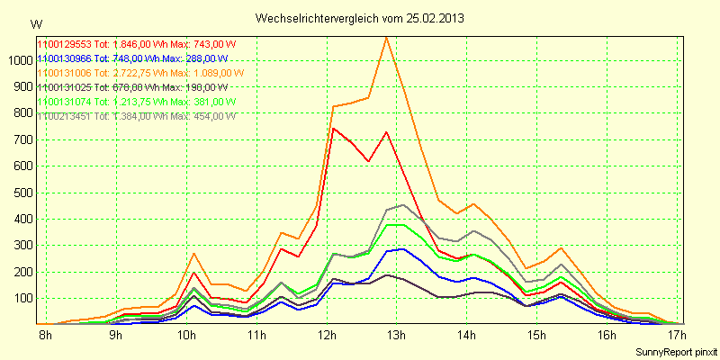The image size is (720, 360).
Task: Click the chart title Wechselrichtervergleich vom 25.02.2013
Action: click(360, 18)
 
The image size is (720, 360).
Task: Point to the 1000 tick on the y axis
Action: click(18, 60)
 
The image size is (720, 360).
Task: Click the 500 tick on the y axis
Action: click(21, 193)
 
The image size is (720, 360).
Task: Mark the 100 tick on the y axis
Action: click(21, 298)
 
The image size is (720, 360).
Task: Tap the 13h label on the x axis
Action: click(395, 337)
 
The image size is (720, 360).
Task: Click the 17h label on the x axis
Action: click(677, 337)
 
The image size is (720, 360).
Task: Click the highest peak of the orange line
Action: click(386, 38)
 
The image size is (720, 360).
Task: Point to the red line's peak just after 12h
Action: click(333, 128)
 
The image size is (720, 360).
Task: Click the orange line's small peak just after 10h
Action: click(193, 253)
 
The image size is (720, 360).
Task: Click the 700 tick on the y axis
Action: click(21, 139)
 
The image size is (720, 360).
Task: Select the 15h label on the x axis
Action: click(536, 337)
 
